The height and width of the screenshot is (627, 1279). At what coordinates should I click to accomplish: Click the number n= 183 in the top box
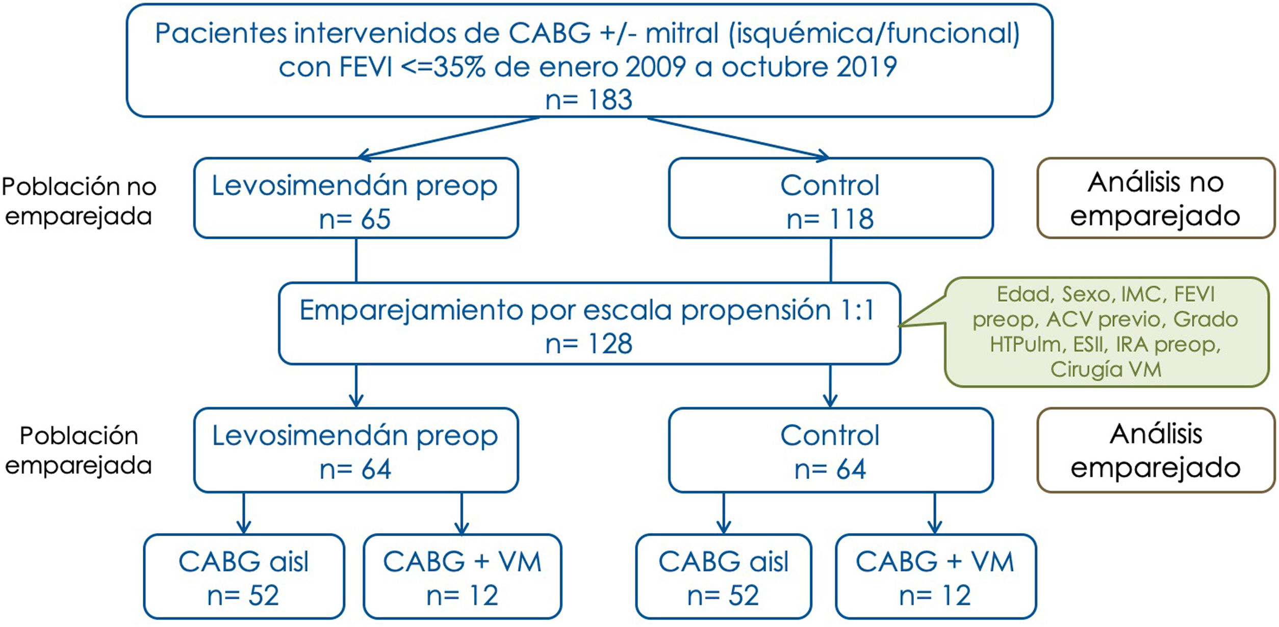point(589,99)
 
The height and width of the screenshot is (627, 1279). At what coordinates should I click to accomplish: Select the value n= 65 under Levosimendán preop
point(355,219)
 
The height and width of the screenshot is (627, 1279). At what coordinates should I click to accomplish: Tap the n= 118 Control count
point(830,219)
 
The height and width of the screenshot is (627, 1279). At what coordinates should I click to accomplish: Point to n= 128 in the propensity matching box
point(589,344)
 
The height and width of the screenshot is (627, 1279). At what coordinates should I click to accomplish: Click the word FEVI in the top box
point(366,67)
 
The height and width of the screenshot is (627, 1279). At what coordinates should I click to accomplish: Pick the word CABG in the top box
point(549,34)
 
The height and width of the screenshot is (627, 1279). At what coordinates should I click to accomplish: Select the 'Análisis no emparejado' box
point(1156,198)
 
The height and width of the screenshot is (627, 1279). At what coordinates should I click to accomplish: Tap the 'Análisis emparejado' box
point(1156,450)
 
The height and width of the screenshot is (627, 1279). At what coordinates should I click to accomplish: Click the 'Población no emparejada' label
point(79,201)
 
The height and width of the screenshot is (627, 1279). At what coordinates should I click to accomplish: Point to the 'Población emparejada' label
point(79,450)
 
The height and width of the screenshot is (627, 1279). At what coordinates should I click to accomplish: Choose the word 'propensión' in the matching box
point(756,310)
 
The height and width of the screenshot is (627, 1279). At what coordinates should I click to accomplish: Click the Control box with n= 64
point(830,450)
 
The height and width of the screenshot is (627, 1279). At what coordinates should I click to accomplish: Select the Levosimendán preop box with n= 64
point(355,450)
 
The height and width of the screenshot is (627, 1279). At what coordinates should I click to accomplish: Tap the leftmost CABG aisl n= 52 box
point(244,577)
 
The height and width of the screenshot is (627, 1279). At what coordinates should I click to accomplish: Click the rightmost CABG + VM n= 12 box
point(935,577)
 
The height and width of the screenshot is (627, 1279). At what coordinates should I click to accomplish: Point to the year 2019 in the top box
point(866,67)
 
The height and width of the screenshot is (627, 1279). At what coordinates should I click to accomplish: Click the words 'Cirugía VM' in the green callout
point(1106,369)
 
